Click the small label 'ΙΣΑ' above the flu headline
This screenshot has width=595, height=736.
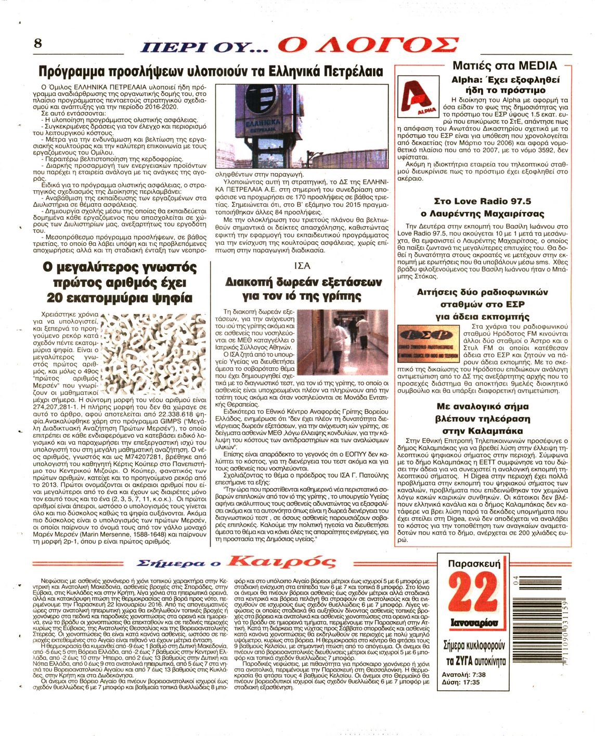tap(302, 266)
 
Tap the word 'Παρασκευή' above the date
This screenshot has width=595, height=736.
tap(473, 563)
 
